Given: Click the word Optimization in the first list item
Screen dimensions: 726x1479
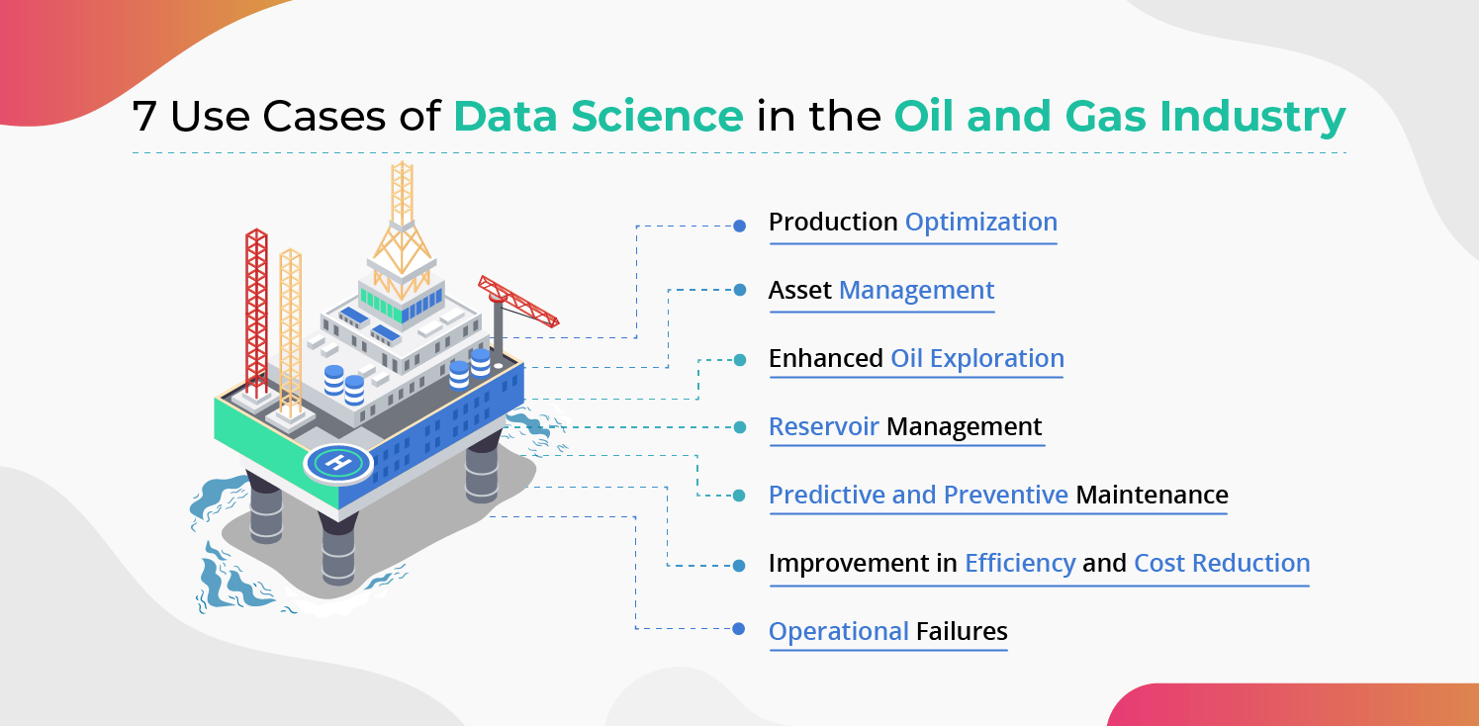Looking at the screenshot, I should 980,223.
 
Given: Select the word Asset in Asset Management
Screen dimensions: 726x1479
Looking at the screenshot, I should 799,291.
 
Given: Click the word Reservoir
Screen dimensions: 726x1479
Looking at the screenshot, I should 823,427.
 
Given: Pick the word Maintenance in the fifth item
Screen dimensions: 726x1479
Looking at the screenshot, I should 1152,495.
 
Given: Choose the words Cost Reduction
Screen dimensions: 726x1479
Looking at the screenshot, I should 1222,564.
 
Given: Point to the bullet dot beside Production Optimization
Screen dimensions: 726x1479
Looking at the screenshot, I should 739,226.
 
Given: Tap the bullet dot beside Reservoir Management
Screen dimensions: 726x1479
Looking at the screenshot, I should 739,427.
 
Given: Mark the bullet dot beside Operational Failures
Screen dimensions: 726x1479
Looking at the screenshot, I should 739,628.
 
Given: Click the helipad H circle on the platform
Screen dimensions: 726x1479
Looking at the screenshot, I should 337,461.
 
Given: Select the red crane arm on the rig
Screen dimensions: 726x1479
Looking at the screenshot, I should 518,301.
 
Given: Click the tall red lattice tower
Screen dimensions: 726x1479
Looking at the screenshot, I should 256,312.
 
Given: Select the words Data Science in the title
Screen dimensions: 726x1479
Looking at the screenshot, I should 599,117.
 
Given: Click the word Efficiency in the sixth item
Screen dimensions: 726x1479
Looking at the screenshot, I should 1020,564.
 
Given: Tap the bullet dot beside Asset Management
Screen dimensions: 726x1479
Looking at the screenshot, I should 739,291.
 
